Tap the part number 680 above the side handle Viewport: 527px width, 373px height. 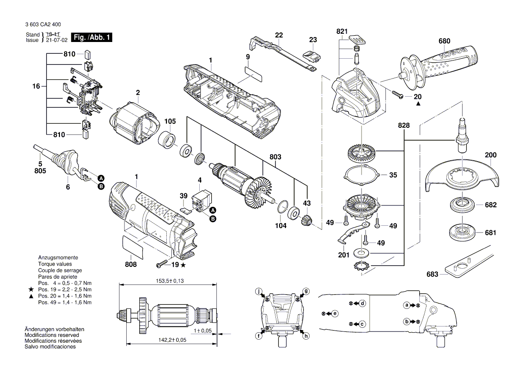(x=444, y=41)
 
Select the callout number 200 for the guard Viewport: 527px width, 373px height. (x=490, y=155)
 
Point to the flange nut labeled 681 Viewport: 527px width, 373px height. (x=460, y=232)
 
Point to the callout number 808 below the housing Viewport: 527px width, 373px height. (x=131, y=264)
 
